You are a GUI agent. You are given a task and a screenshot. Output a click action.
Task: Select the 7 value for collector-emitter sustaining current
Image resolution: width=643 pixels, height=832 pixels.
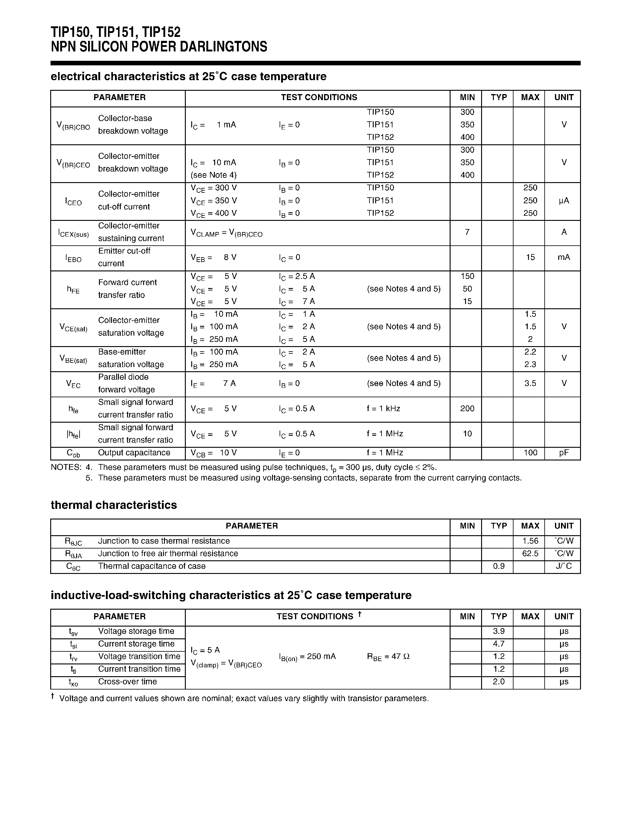(x=467, y=232)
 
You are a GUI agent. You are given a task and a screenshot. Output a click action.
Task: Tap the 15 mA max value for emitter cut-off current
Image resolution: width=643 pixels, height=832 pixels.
(x=530, y=257)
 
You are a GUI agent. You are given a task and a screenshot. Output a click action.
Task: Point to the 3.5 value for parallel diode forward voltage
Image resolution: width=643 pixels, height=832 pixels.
(x=530, y=383)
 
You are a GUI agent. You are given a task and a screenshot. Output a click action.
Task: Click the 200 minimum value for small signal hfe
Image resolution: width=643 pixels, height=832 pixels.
(x=467, y=408)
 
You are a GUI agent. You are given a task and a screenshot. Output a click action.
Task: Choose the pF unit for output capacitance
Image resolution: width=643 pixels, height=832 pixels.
(x=564, y=453)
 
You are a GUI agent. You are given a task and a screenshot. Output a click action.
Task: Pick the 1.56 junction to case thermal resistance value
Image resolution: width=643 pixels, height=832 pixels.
(x=530, y=541)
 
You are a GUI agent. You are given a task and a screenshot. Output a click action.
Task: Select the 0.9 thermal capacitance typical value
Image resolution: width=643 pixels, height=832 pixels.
(x=499, y=566)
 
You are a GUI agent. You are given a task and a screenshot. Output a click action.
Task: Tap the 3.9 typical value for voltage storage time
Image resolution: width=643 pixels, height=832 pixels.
(x=499, y=631)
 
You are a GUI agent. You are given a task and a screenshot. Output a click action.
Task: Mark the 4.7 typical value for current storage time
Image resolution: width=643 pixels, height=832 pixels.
(x=499, y=644)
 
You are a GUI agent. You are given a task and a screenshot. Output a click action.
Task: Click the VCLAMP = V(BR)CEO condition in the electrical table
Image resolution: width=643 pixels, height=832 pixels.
(x=227, y=233)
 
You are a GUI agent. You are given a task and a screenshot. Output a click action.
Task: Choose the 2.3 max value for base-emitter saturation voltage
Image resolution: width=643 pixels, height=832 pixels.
(x=530, y=364)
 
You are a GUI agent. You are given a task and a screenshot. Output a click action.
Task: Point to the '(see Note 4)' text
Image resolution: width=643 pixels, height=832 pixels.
(x=214, y=175)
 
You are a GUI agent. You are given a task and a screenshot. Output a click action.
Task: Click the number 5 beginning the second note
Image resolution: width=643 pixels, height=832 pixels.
(x=89, y=478)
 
